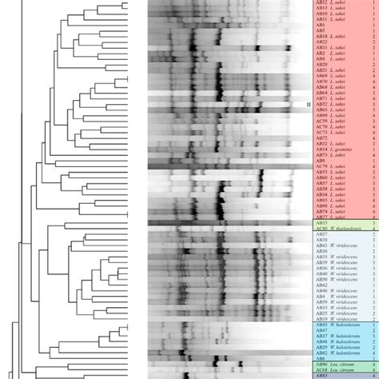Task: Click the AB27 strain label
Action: coord(321,234)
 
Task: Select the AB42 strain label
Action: coord(321,285)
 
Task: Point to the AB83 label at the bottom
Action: coord(321,375)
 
